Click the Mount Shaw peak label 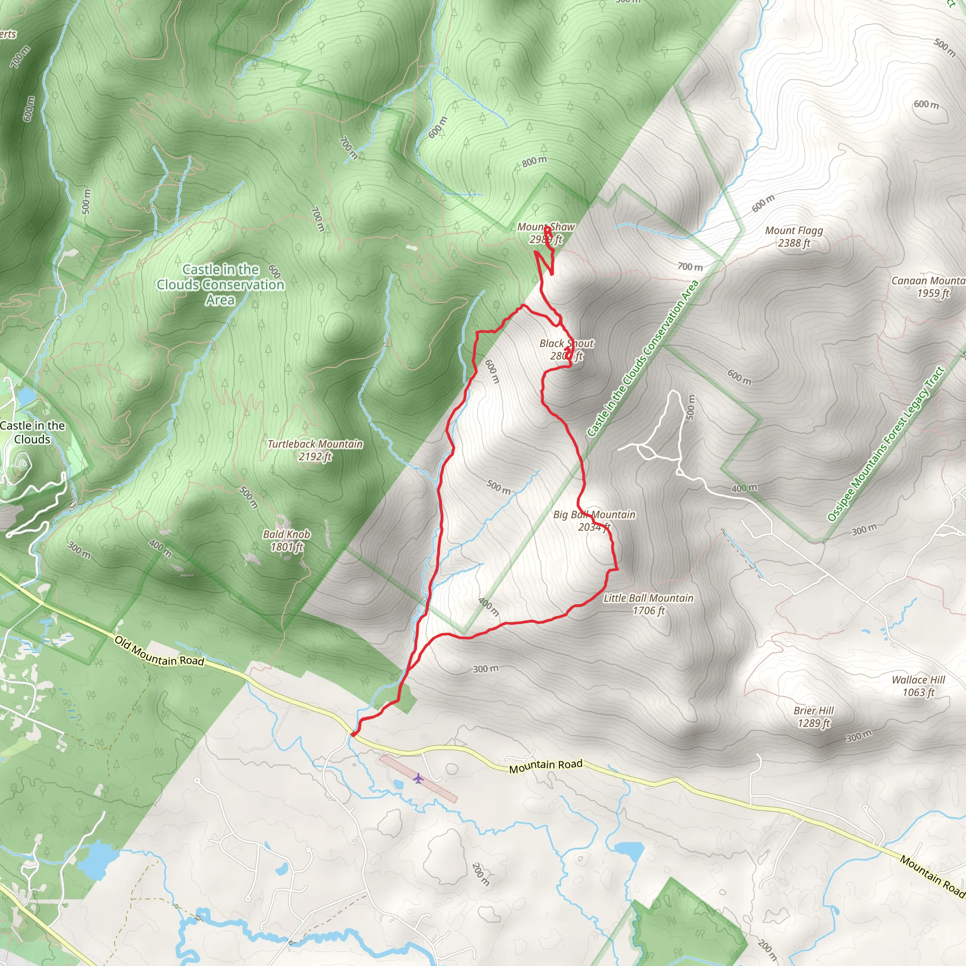546,233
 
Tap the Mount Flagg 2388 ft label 793,236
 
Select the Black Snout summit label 566,350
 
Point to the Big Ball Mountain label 594,521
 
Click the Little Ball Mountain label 648,604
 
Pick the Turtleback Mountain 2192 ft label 315,450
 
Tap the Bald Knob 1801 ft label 286,541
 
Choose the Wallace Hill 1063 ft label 918,686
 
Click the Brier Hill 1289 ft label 814,716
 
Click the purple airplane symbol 418,778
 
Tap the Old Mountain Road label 159,651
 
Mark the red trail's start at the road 353,734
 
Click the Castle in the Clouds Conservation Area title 220,284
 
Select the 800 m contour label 534,161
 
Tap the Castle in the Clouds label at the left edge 32,432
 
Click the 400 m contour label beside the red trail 489,607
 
